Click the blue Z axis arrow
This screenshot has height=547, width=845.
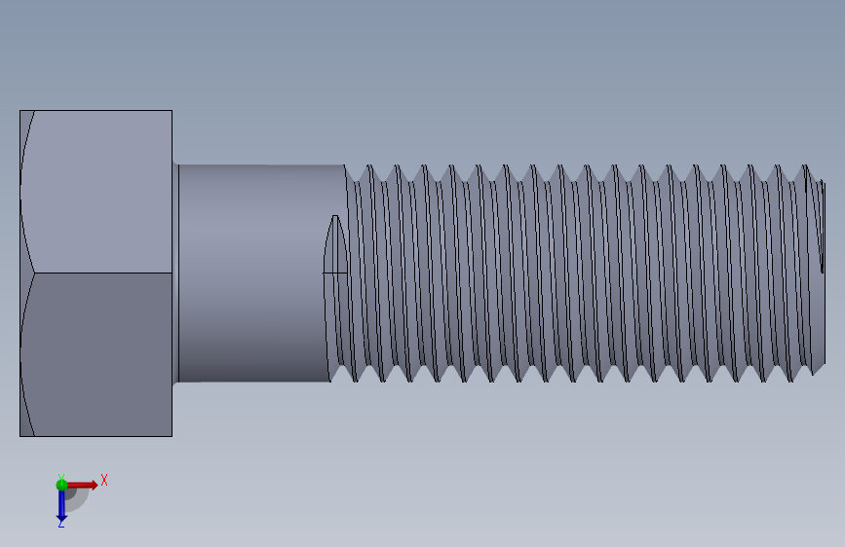click(x=61, y=504)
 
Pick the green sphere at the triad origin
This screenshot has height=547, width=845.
click(x=61, y=484)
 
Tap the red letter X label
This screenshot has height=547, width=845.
click(x=104, y=480)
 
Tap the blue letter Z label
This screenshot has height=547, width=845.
click(x=60, y=524)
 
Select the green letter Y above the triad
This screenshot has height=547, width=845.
click(x=60, y=476)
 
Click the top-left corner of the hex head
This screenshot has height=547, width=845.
click(x=20, y=111)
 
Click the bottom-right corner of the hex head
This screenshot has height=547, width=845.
click(x=172, y=435)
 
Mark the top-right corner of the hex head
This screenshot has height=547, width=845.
click(x=172, y=111)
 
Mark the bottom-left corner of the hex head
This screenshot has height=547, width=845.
click(x=20, y=435)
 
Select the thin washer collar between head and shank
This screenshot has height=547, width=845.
click(x=175, y=273)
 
